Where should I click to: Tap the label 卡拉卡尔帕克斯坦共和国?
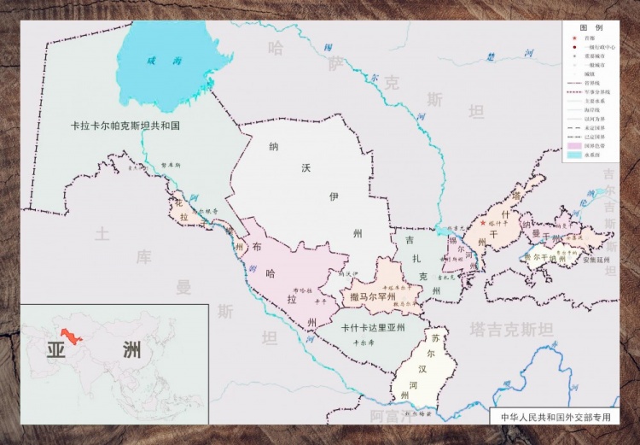tap(126, 125)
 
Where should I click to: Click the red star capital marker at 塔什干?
tap(483, 223)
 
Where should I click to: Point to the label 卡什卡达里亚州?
tap(372, 326)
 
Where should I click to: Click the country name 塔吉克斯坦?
tap(510, 328)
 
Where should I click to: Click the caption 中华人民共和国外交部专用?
tap(556, 418)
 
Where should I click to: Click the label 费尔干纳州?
tap(538, 255)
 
